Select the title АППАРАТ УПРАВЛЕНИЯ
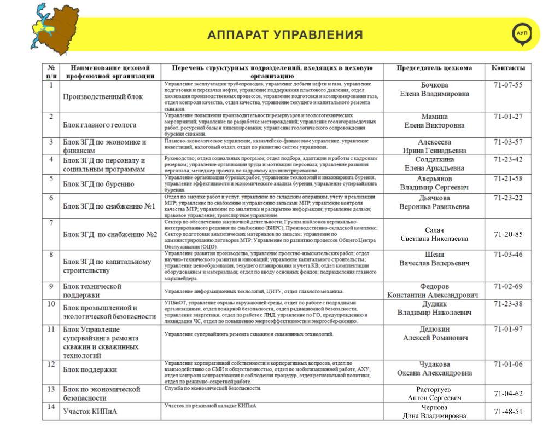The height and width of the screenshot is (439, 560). pos(284,35)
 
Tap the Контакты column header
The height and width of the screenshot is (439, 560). pos(508,68)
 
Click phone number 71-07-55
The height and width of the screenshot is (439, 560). pos(508,85)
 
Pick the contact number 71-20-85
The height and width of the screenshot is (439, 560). pos(508,234)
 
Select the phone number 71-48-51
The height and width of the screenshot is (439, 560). pos(508,412)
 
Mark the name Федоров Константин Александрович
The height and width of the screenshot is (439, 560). pos(434,291)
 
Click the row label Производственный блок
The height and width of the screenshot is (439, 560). pos(103,96)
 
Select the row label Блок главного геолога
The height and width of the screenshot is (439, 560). pos(100,125)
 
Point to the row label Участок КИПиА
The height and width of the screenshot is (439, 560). pos(90,411)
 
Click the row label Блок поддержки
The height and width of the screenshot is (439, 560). pos(90,369)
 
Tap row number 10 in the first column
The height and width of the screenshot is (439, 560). pos(51,304)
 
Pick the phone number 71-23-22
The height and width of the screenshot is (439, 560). pos(508,198)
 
